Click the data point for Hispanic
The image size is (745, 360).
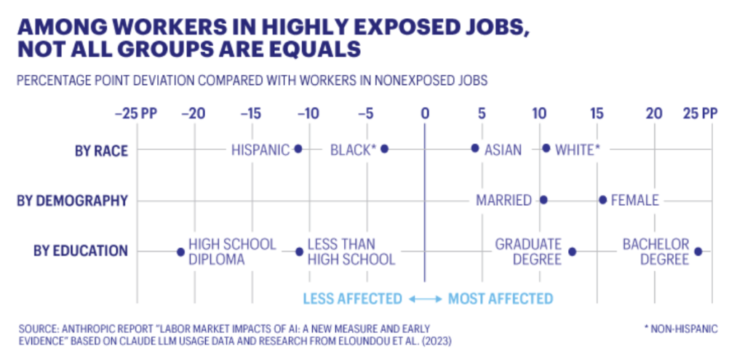(298, 149)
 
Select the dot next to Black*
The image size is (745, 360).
(385, 149)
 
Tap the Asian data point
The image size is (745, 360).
(475, 148)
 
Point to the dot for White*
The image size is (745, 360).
(546, 148)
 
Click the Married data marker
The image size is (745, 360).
(543, 200)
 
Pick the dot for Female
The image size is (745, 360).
(602, 200)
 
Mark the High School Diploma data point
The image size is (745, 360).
(180, 252)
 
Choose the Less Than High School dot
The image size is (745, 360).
(299, 252)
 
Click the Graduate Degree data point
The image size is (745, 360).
(573, 252)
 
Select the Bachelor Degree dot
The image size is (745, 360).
(698, 252)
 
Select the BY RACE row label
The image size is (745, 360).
(101, 151)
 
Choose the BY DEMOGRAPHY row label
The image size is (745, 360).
(73, 201)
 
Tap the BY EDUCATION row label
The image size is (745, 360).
(81, 251)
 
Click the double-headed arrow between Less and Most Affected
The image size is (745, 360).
(424, 298)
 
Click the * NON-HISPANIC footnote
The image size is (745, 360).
(681, 329)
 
